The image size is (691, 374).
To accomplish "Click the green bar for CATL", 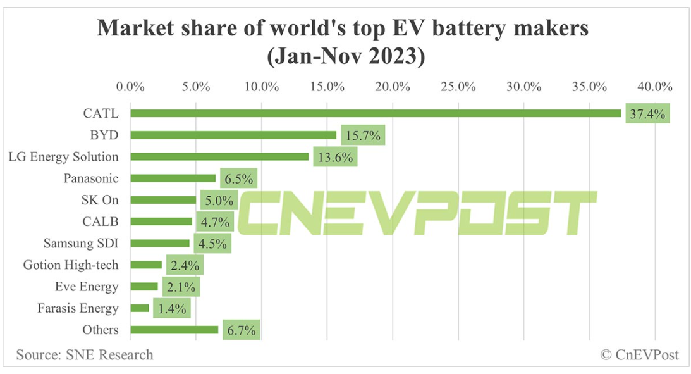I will tap(376, 113).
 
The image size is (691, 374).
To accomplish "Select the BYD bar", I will tap(233, 135).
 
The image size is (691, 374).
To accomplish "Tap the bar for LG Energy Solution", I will tap(219, 156).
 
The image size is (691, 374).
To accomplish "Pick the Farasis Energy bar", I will tap(140, 308).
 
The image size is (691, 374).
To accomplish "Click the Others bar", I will tap(174, 330).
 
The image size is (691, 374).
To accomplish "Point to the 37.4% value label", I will tap(647, 114).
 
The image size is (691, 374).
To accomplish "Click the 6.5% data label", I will tap(239, 179).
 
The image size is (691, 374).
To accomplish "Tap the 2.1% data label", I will tap(181, 287).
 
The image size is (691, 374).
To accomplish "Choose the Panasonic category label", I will tap(90, 178).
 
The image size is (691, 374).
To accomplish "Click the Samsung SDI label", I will tap(80, 243).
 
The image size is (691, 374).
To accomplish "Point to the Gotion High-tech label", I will tap(70, 265).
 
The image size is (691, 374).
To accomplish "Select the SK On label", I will tap(101, 200).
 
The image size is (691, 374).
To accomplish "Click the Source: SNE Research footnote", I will tap(85, 354).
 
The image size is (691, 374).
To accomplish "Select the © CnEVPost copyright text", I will tap(639, 354).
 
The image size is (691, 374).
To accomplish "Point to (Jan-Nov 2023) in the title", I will tap(345, 56).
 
